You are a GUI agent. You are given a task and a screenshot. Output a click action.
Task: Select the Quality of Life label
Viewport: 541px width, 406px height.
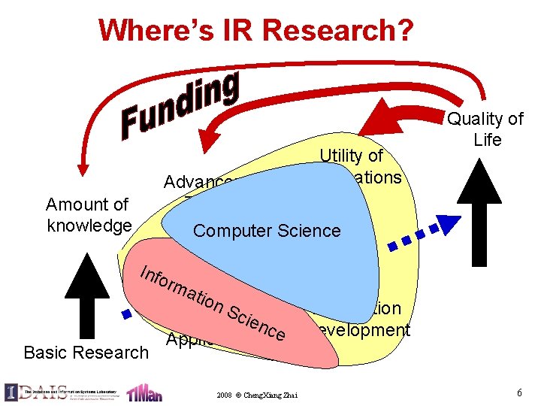point(485,129)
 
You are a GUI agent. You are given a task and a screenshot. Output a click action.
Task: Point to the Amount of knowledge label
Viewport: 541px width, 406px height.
point(89,215)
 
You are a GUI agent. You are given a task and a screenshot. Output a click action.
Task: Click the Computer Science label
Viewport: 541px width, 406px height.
point(267,231)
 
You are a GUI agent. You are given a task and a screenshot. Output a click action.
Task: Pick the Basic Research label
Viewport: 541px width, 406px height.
point(86,352)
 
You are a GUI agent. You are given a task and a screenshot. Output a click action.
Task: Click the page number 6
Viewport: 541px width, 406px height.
point(519,392)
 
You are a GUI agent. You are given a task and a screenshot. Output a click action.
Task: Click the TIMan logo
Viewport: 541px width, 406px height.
point(142,392)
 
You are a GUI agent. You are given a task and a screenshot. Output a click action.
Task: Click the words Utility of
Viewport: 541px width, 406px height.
point(351,156)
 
